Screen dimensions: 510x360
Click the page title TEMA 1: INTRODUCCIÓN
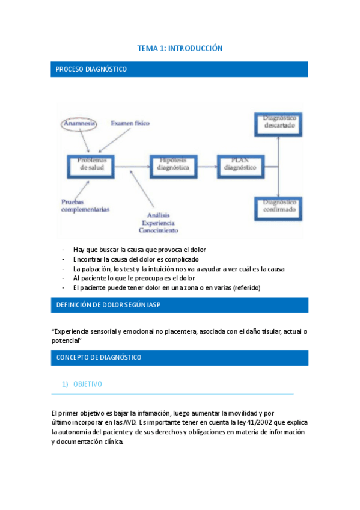180,48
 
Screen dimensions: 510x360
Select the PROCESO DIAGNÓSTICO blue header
180,69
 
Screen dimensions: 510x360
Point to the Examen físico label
130,123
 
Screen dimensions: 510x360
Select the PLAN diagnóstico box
236,164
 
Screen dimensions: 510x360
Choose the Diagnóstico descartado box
278,123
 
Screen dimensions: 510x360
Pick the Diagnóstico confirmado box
278,207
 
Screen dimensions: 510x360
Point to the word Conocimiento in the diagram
158,230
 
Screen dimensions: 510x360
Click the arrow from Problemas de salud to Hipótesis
133,164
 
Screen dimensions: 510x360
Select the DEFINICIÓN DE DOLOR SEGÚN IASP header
180,305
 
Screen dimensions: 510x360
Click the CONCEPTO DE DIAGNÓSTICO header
180,358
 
